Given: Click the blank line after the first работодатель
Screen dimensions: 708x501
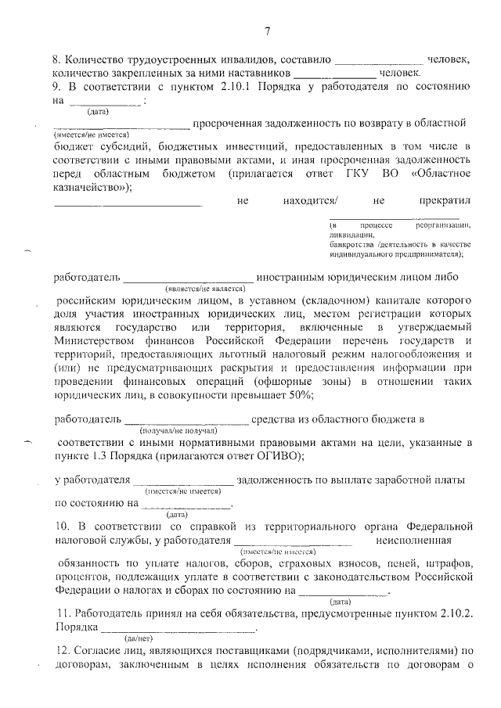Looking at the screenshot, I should point(188,277).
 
